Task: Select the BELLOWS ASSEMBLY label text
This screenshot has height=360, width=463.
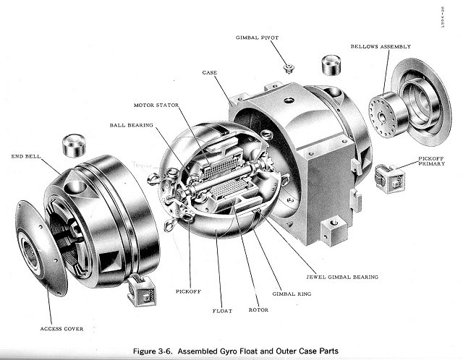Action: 381,46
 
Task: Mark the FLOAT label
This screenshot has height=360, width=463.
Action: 221,313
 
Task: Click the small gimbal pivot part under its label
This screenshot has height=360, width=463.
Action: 288,69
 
